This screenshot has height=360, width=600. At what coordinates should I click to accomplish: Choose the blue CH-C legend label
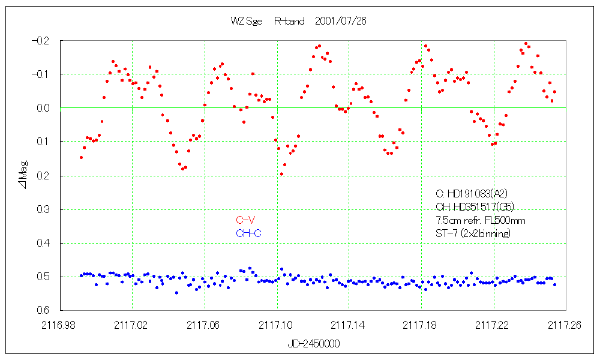tap(249, 233)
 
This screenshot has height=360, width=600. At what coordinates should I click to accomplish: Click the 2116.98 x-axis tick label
tap(61, 325)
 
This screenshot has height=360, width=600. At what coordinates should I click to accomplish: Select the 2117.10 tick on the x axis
tap(277, 325)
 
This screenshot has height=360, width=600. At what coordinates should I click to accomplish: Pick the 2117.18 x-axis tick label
tap(421, 325)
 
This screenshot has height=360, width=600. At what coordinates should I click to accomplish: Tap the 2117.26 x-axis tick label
tap(565, 325)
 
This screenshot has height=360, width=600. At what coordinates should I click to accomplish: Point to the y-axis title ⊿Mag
tap(23, 176)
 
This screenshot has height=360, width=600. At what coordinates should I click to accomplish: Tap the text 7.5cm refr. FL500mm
tap(481, 220)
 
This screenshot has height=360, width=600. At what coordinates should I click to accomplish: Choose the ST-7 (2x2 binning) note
tap(473, 233)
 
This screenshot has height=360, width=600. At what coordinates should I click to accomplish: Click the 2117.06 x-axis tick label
tap(205, 325)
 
